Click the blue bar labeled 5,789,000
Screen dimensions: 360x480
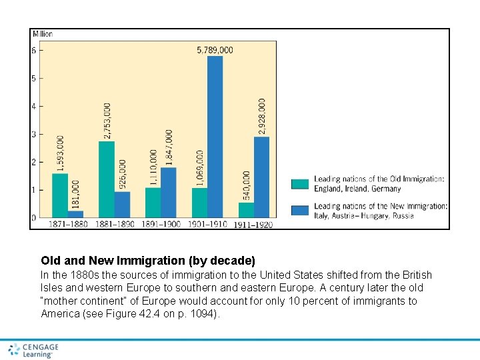tap(215, 137)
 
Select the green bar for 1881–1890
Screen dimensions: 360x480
tap(107, 179)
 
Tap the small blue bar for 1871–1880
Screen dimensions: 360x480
tap(75, 214)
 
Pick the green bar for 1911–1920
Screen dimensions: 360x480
tap(246, 210)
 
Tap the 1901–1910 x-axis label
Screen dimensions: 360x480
tap(207, 224)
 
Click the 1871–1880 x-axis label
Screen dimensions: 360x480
tap(68, 224)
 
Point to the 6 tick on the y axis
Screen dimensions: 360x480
tap(34, 50)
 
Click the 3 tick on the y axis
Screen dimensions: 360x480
tap(34, 134)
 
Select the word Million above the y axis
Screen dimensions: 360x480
tap(42, 34)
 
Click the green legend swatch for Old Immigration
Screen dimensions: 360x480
tap(300, 183)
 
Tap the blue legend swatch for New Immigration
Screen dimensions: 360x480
tap(300, 211)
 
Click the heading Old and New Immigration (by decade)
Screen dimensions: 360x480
tap(148, 260)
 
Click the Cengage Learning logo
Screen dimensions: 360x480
tap(33, 350)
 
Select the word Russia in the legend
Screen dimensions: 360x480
tap(402, 215)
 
